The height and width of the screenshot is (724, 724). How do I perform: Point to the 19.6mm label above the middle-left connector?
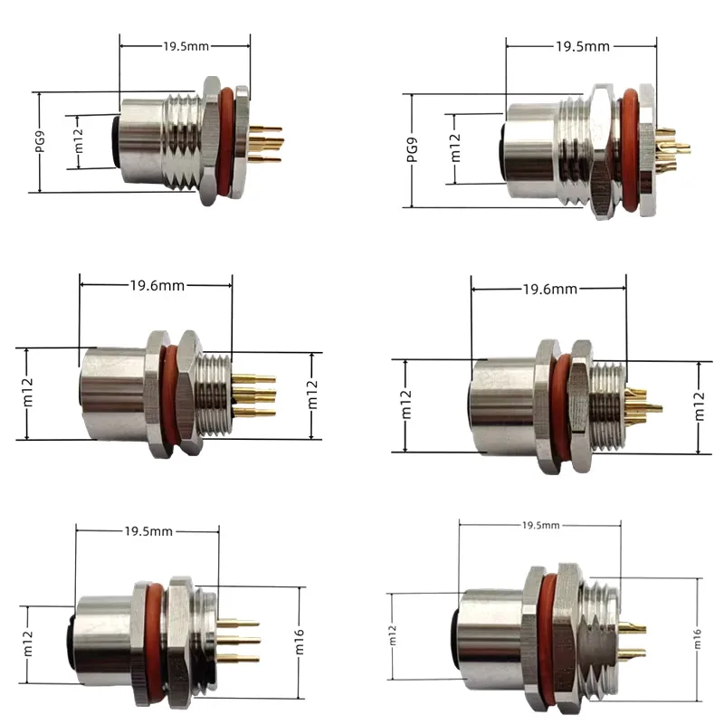(157, 285)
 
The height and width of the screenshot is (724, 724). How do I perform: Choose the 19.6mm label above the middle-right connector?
(548, 290)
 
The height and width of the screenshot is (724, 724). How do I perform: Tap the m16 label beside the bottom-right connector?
(698, 633)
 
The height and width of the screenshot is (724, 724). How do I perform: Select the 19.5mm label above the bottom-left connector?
(148, 531)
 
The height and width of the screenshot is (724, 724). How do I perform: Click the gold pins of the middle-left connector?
(255, 395)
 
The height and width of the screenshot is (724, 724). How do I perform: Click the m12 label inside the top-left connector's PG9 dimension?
(79, 142)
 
